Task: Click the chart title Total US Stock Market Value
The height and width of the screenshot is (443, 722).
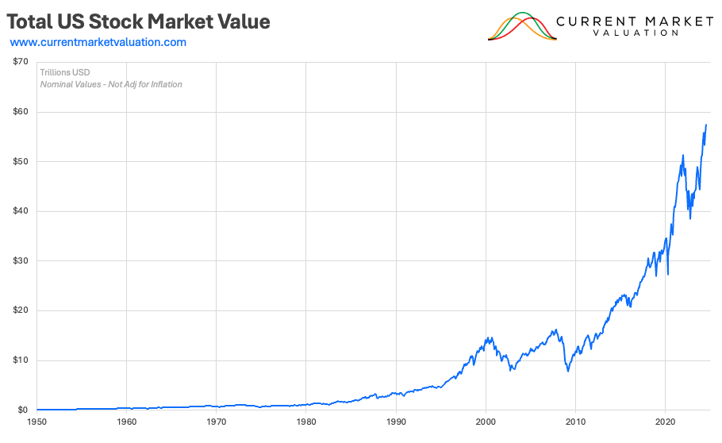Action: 139,21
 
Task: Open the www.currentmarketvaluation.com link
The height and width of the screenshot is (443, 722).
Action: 98,42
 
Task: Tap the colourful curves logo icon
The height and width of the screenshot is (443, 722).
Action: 521,26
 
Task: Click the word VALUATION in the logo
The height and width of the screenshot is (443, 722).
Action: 635,33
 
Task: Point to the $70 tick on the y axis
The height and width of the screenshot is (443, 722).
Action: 21,62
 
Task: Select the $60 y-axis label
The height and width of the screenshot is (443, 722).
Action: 21,112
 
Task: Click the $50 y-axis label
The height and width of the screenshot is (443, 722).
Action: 21,162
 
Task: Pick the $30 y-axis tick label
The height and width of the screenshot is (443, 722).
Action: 21,261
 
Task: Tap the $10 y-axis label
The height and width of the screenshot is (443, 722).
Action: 21,360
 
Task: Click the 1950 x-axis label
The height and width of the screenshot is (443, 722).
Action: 37,422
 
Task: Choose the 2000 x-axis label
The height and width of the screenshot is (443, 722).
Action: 486,422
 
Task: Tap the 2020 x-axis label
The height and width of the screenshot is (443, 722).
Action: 665,422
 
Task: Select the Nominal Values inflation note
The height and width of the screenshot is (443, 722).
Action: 110,84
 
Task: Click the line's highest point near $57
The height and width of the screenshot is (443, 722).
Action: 706,125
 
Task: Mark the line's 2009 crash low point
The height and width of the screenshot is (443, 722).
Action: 567,371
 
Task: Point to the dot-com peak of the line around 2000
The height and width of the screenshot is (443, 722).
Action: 486,337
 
